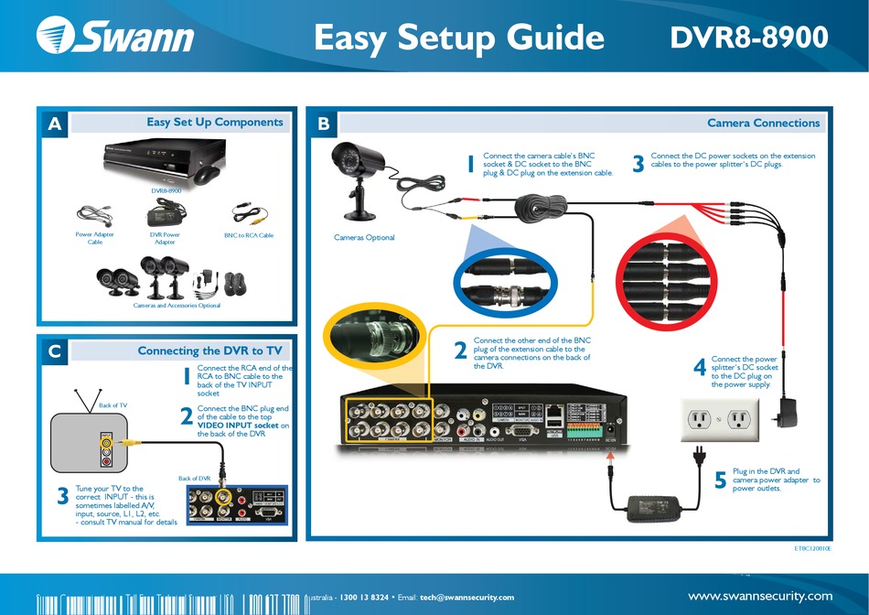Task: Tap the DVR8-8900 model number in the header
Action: tap(749, 37)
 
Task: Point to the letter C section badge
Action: tap(54, 351)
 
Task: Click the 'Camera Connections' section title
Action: tap(763, 123)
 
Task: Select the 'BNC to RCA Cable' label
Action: tap(249, 235)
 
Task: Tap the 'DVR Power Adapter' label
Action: tap(165, 239)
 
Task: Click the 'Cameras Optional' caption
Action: tap(364, 238)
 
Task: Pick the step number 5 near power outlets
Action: tap(721, 480)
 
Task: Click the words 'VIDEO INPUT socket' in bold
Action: tap(238, 426)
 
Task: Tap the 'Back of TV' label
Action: tap(113, 405)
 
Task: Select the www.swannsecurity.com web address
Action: tap(759, 596)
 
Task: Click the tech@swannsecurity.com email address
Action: tap(467, 598)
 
